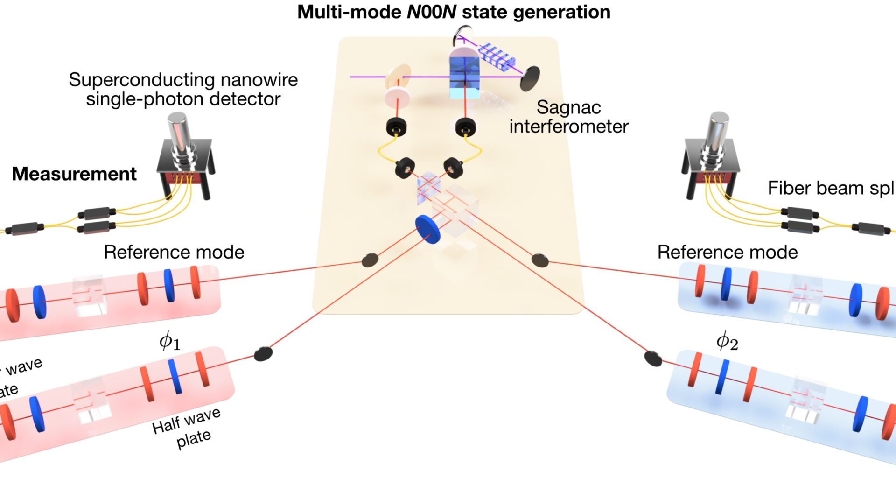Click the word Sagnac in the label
click(568, 107)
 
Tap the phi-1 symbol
click(169, 341)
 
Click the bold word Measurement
click(74, 174)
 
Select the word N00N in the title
click(431, 12)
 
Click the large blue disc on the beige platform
click(428, 229)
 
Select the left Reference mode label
click(174, 253)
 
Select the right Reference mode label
click(727, 253)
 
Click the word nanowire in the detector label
click(259, 80)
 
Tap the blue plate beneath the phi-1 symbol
click(175, 376)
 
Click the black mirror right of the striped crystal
click(530, 78)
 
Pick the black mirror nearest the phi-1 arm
click(263, 354)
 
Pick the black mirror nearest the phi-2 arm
click(653, 358)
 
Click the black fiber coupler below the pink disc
click(396, 127)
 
